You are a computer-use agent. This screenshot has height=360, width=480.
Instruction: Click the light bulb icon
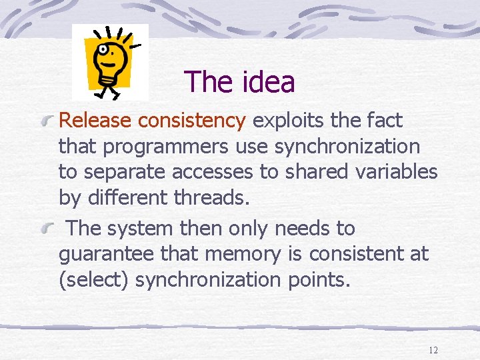[109, 62]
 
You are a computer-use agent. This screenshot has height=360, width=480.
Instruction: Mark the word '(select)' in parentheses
[94, 280]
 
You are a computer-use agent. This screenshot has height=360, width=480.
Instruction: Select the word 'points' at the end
[319, 280]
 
